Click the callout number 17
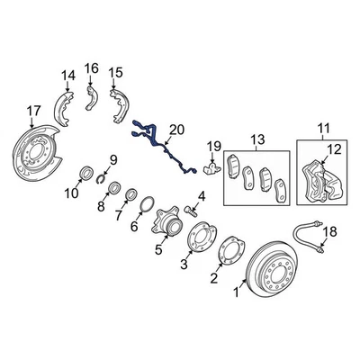(x=32, y=112)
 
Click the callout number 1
(x=237, y=291)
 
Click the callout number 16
(x=92, y=68)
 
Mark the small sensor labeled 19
(x=212, y=167)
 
